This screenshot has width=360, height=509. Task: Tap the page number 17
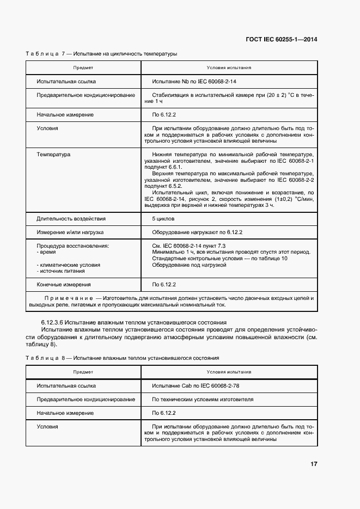[314, 464]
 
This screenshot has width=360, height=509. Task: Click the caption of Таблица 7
[101, 53]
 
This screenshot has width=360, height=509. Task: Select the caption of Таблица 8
[122, 358]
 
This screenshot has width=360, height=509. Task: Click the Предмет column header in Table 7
[83, 68]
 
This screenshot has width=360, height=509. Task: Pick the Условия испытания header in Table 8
[229, 372]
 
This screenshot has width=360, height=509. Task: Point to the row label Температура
[53, 155]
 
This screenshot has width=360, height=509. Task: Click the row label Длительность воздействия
[71, 218]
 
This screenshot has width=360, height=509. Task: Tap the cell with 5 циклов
[163, 218]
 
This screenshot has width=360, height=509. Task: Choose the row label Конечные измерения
[64, 284]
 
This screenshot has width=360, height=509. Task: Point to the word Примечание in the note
[68, 298]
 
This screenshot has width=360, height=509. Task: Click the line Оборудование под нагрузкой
[189, 265]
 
